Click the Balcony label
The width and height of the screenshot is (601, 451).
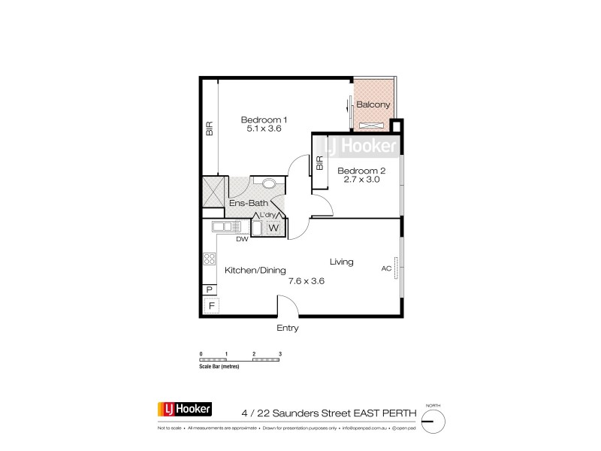click(x=373, y=104)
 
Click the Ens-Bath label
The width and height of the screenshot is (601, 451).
click(x=245, y=203)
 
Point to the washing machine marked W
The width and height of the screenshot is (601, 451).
click(x=273, y=227)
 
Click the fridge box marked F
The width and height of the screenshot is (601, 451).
click(x=212, y=305)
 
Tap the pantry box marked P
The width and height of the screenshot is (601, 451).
click(x=209, y=289)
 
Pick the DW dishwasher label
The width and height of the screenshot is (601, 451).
click(x=242, y=240)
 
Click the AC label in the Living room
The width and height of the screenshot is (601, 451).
click(x=387, y=268)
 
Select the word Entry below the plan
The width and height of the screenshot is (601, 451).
click(x=288, y=328)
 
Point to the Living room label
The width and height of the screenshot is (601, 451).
click(x=342, y=262)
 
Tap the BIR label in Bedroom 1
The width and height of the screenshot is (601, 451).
click(x=210, y=129)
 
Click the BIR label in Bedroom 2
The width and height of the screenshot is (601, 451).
click(x=319, y=163)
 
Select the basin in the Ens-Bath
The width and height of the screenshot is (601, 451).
click(x=268, y=182)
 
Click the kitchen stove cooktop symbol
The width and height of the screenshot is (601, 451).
click(x=209, y=259)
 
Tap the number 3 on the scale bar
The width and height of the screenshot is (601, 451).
click(x=279, y=353)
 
